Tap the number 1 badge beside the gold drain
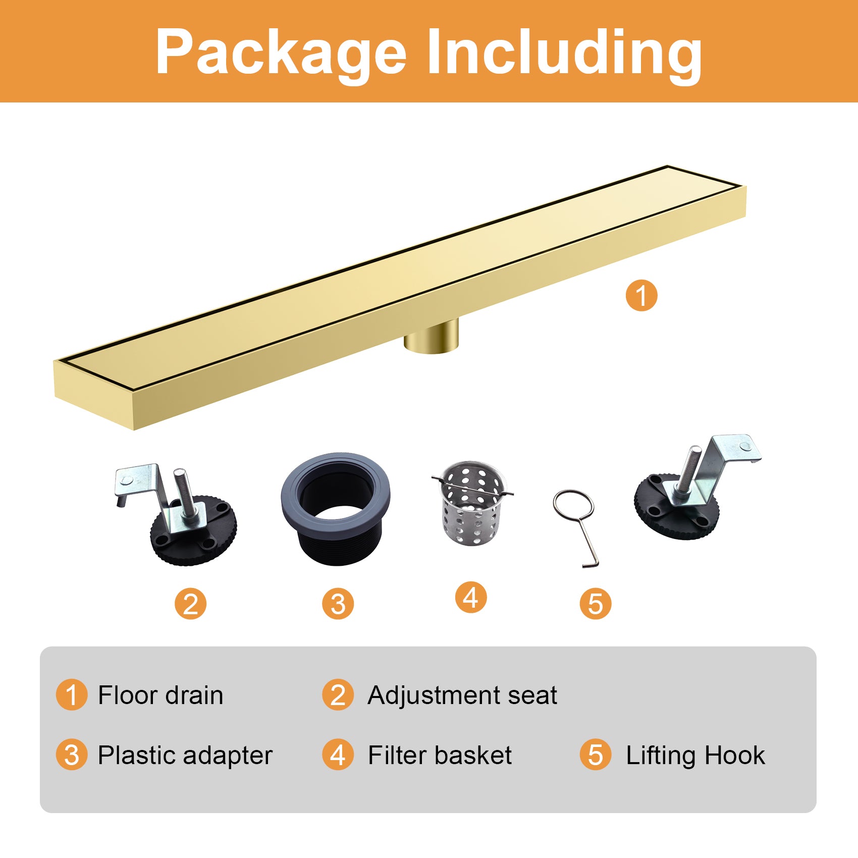pos(641,295)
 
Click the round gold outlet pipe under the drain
pos(432,337)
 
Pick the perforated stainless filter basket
pos(472,503)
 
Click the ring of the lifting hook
pos(573,504)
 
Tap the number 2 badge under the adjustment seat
pos(190,604)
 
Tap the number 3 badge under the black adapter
pos(338,604)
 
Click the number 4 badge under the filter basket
pos(471,598)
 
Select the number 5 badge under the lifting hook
pos(596,604)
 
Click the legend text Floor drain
pos(160,695)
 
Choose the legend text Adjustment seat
pos(462,696)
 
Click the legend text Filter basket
pos(440,756)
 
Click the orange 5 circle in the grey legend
pos(596,755)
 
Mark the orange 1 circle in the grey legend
pos(72,694)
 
